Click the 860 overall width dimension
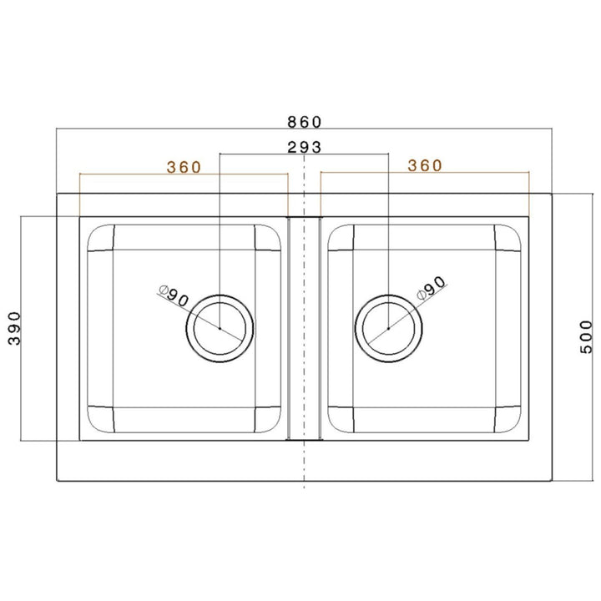click(x=305, y=121)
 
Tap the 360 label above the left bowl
click(x=184, y=166)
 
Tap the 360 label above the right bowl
click(x=425, y=166)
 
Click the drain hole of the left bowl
click(x=220, y=328)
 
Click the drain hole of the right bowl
click(x=388, y=328)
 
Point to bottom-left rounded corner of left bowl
click(x=99, y=419)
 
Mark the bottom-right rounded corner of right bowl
click(x=509, y=419)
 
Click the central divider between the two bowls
click(x=305, y=327)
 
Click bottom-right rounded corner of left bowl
click(x=268, y=419)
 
